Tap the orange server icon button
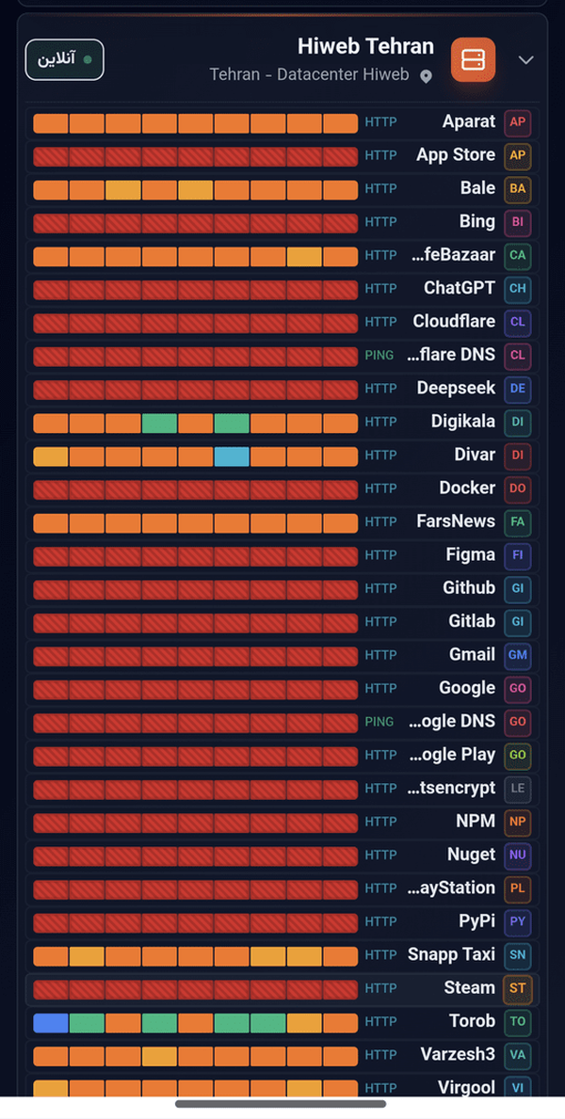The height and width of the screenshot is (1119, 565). click(473, 60)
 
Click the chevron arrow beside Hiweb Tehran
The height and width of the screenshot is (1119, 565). click(525, 60)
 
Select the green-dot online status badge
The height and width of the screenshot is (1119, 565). click(65, 59)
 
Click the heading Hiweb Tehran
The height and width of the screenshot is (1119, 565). click(365, 46)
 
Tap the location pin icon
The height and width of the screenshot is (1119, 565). click(426, 76)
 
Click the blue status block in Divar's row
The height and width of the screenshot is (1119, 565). click(233, 456)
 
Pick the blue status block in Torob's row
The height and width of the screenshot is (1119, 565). click(51, 1023)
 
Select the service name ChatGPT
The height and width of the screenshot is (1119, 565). click(460, 288)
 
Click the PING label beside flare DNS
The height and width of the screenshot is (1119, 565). click(379, 355)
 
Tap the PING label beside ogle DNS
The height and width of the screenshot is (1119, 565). click(379, 722)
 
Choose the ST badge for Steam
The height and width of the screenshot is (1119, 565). click(517, 988)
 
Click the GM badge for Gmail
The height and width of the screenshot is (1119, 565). click(517, 655)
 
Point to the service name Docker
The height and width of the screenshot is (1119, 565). click(467, 488)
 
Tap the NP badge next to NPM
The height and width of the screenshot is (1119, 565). click(517, 822)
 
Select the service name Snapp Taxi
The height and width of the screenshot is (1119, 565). click(451, 955)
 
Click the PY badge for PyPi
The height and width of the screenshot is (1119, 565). click(517, 921)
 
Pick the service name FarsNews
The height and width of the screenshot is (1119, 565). click(456, 521)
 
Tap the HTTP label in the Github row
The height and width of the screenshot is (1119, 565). click(380, 588)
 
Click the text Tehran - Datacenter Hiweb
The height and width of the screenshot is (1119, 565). click(309, 75)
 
